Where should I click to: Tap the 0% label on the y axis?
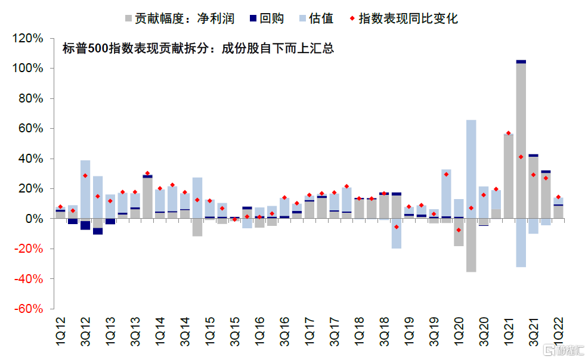pyautogui.click(x=35, y=219)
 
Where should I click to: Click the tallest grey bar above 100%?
pyautogui.click(x=521, y=140)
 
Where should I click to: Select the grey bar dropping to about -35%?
pyautogui.click(x=471, y=245)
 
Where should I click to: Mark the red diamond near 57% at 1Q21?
pyautogui.click(x=509, y=133)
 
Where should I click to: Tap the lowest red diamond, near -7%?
pyautogui.click(x=459, y=229)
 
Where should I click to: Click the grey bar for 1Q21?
pyautogui.click(x=509, y=176)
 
